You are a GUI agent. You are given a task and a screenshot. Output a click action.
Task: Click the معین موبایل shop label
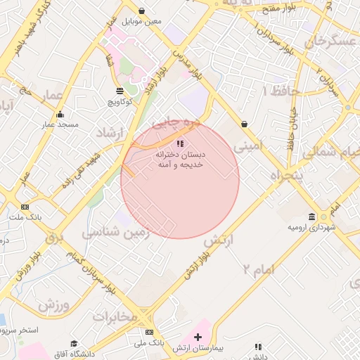[x=142, y=21]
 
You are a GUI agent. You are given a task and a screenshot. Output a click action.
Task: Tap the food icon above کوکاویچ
[x=120, y=91]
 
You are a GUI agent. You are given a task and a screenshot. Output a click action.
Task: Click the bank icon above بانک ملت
[x=25, y=207]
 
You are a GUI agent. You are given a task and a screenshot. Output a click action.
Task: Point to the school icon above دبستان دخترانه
[x=179, y=144]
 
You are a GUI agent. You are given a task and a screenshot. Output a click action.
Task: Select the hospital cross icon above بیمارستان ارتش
[x=198, y=337]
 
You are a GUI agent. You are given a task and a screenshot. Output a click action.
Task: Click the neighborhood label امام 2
[x=256, y=268]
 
